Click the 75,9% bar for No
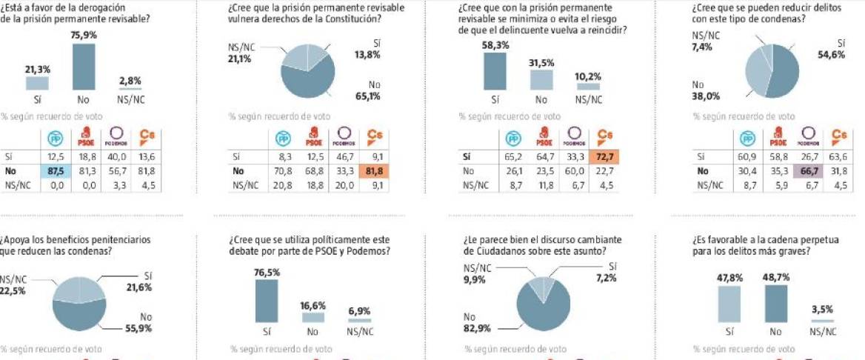click(x=84, y=66)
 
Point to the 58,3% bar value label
click(x=495, y=45)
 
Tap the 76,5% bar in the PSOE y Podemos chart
click(x=267, y=301)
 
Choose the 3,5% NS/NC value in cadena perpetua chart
click(x=822, y=311)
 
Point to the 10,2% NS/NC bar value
click(x=589, y=76)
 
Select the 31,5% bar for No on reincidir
click(x=541, y=79)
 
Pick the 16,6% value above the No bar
click(x=313, y=305)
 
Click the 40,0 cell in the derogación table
click(x=115, y=157)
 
